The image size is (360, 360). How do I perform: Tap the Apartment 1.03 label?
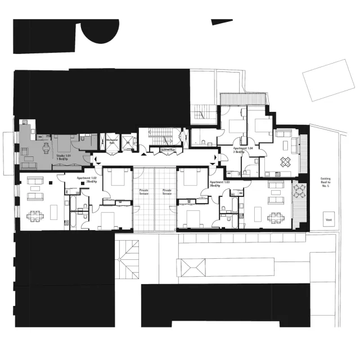point(219,183)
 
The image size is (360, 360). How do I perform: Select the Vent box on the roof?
point(328,220)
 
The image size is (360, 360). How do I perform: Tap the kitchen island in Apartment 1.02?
point(55,213)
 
